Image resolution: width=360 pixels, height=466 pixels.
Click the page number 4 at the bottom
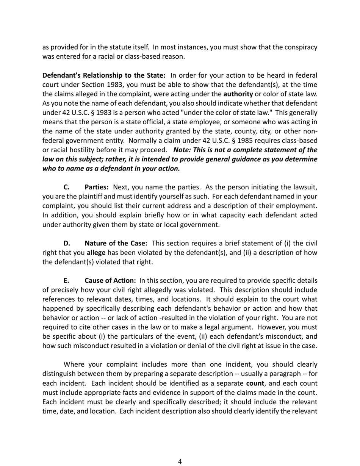click(180, 461)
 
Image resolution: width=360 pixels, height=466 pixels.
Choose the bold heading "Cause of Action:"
click(110, 281)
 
